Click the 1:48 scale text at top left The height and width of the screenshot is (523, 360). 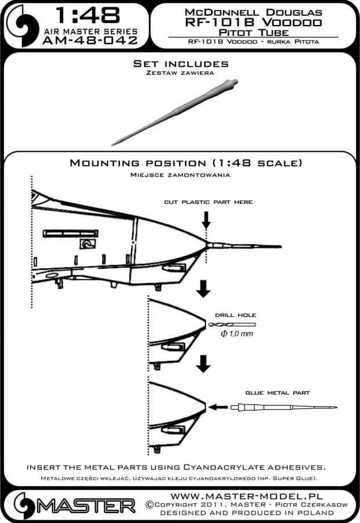(82, 15)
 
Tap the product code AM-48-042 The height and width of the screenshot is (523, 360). (90, 40)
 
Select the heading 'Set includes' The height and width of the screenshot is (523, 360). (181, 63)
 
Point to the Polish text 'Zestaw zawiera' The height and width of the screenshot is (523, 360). (181, 74)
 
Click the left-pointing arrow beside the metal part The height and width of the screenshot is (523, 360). (218, 407)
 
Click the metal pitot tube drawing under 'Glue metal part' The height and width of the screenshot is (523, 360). (282, 407)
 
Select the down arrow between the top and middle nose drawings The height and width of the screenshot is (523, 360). (203, 287)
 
